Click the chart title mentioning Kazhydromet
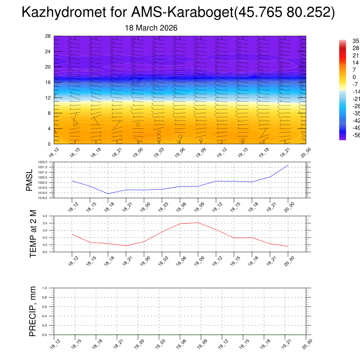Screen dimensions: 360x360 click(178, 13)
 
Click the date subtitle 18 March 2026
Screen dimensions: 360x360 click(151, 28)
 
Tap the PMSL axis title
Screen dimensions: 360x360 click(31, 180)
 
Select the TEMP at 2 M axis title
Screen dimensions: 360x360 click(33, 234)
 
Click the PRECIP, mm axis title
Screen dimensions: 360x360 click(33, 311)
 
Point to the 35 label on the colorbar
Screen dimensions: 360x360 click(356, 41)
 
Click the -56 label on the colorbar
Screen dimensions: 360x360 click(356, 135)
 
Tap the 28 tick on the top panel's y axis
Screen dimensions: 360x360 click(48, 36)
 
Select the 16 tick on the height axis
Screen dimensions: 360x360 click(48, 82)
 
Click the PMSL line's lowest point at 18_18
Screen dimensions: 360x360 click(108, 194)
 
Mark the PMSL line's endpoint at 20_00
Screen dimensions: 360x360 click(288, 165)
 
